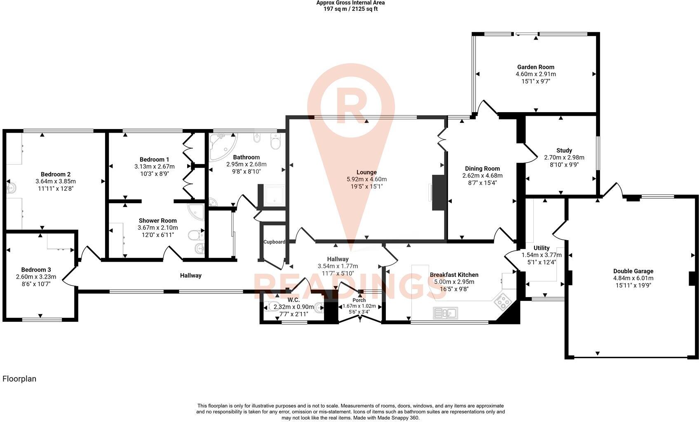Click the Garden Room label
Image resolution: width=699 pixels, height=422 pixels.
coord(535,67)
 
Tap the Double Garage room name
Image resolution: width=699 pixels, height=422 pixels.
coord(633,271)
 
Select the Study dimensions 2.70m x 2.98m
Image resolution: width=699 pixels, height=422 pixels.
coord(564,157)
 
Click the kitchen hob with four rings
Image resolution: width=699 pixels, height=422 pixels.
coord(502,302)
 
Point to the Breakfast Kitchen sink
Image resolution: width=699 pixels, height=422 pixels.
coord(446,313)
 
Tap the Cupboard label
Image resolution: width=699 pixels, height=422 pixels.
coord(274,241)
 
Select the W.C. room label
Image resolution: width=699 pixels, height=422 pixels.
coord(293,300)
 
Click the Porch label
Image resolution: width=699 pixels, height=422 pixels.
coord(359,300)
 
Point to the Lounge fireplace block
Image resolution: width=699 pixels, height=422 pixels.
coord(439,192)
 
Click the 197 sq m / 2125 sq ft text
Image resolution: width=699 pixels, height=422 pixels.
coord(350,9)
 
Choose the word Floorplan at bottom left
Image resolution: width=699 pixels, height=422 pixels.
coord(19,379)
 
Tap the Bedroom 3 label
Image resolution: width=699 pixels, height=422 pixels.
coord(36,270)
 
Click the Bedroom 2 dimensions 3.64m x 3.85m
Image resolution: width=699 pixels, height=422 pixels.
coord(56,181)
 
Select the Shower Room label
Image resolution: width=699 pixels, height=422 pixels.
coord(157,220)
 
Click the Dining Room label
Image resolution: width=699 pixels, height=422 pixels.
coord(483,169)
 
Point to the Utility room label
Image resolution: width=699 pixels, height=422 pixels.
coord(542,248)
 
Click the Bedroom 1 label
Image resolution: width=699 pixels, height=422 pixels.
coord(154,159)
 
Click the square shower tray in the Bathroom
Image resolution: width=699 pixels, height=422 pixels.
coord(274,195)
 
